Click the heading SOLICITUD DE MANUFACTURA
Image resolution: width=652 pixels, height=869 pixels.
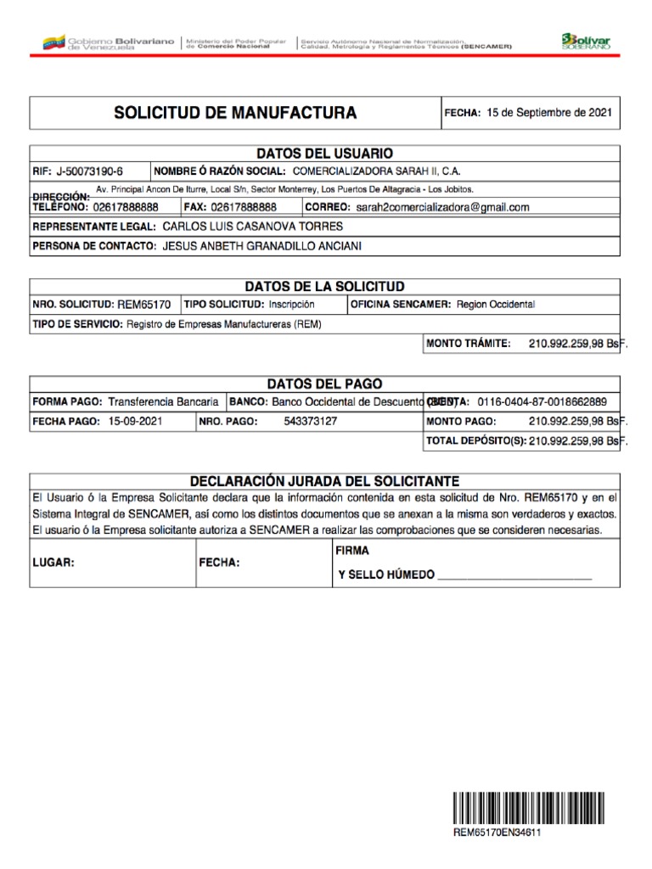(236, 113)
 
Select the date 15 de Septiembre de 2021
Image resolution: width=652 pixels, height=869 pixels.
(548, 113)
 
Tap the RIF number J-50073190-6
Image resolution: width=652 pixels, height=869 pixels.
(90, 171)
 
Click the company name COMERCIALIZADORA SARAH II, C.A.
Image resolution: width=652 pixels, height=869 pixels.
(376, 171)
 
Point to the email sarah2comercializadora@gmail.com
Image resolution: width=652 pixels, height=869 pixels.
(442, 207)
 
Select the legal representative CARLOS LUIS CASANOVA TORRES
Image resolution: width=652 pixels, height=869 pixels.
(252, 227)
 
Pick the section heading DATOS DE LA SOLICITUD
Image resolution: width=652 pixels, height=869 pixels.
(324, 286)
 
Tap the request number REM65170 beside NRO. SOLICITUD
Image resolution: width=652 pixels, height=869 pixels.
(143, 304)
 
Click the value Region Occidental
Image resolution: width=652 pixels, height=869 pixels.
(496, 304)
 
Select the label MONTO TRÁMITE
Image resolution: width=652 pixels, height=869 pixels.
(469, 344)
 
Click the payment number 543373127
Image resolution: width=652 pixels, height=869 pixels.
(311, 421)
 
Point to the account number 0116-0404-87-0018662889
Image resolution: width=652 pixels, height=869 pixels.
(542, 401)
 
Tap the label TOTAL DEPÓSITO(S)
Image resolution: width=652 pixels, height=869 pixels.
(475, 441)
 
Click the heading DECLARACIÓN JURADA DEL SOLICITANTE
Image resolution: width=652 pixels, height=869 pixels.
(324, 480)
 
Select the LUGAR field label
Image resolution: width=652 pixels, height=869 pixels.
(54, 562)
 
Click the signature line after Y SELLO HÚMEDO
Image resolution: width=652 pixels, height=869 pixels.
(514, 576)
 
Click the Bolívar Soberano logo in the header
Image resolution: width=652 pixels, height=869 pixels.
(585, 41)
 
